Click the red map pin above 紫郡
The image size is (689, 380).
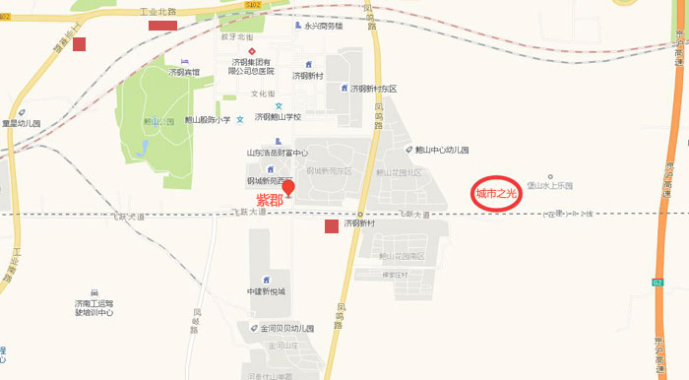[x=288, y=188]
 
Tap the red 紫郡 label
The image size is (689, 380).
[x=270, y=199]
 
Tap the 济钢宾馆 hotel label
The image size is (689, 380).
[x=184, y=72]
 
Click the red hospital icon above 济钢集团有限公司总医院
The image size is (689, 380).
[x=252, y=51]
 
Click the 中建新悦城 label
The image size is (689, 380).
[x=267, y=292]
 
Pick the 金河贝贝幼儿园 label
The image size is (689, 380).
[x=286, y=327]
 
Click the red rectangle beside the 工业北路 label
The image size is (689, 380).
[x=162, y=26]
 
